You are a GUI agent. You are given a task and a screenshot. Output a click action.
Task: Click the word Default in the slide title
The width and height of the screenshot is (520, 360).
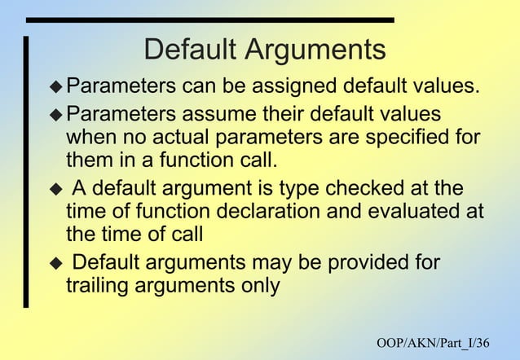(189, 50)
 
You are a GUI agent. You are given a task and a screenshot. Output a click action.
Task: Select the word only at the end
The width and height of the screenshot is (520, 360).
(261, 286)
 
